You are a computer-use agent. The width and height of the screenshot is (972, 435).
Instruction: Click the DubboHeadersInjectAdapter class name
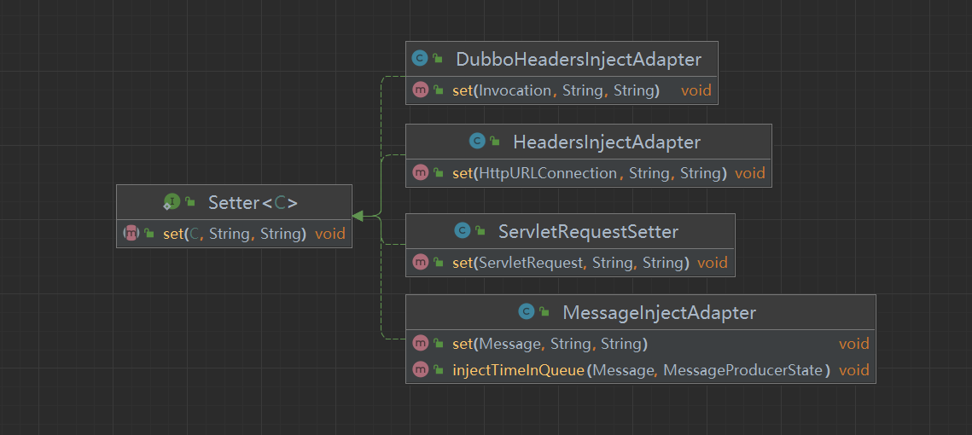tap(579, 60)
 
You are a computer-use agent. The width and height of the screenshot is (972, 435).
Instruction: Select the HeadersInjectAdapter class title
tap(606, 142)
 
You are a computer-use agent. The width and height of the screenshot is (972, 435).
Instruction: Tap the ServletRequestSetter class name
tap(588, 232)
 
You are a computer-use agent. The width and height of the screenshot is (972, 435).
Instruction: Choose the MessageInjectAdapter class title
tap(659, 313)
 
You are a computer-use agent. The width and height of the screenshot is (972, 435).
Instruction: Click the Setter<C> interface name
tap(253, 203)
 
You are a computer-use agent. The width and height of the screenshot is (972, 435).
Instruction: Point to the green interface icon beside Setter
tap(172, 201)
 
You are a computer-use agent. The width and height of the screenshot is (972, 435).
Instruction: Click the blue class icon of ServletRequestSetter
tap(462, 231)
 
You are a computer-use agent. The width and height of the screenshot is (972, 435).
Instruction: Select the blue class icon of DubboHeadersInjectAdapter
tap(420, 59)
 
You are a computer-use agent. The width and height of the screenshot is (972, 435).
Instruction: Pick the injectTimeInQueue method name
tap(518, 370)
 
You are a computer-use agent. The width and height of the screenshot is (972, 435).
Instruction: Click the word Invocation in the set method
tap(515, 90)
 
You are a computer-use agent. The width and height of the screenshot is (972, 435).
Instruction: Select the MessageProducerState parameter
tap(743, 370)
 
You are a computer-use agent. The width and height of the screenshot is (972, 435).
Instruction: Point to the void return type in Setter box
tap(329, 234)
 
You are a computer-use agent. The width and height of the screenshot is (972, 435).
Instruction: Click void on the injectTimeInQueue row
tap(854, 370)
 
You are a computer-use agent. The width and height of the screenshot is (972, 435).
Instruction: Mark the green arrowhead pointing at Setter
tap(358, 216)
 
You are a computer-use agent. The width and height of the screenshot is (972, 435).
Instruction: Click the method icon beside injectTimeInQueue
tap(421, 370)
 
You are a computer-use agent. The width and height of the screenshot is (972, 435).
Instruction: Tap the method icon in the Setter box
tap(131, 233)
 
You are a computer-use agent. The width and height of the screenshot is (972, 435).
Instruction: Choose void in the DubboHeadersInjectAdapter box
tap(696, 90)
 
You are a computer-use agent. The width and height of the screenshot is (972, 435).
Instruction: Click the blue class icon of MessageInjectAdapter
tap(527, 311)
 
